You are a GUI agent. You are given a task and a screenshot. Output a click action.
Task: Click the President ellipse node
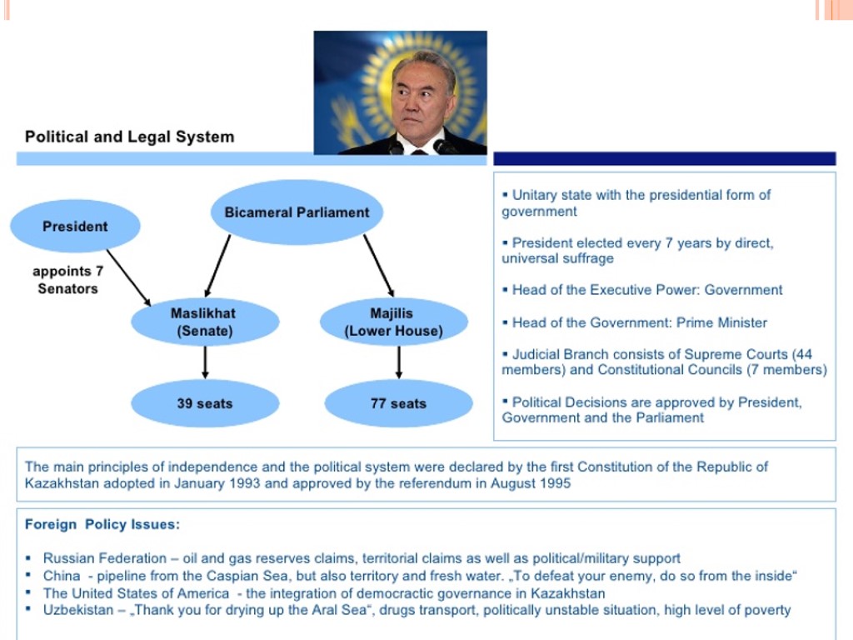coord(75,226)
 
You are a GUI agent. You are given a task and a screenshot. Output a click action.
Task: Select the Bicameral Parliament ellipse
coord(297,212)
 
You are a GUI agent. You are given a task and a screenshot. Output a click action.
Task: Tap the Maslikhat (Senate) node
coord(204,322)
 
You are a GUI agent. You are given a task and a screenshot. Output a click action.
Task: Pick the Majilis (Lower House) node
coord(393,322)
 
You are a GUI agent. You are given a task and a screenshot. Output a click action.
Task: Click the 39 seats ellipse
coord(204,403)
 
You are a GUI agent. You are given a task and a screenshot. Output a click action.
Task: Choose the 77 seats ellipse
coord(398,403)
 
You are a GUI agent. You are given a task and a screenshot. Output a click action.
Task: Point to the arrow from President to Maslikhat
coord(128,277)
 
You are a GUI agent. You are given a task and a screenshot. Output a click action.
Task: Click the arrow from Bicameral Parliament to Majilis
coord(378,265)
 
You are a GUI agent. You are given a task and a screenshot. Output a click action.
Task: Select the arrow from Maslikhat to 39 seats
coord(205,362)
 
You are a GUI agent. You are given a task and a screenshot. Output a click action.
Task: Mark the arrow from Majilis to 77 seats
coord(399,362)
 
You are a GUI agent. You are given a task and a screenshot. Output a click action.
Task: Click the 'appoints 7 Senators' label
coord(67,280)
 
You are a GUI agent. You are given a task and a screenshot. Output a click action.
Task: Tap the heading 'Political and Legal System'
coord(129,137)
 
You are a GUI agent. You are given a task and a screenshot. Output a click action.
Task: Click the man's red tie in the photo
coord(419,152)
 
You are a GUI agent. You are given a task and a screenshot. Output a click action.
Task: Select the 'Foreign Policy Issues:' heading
coord(102,524)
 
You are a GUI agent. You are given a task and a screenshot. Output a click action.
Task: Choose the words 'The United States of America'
coord(136,593)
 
